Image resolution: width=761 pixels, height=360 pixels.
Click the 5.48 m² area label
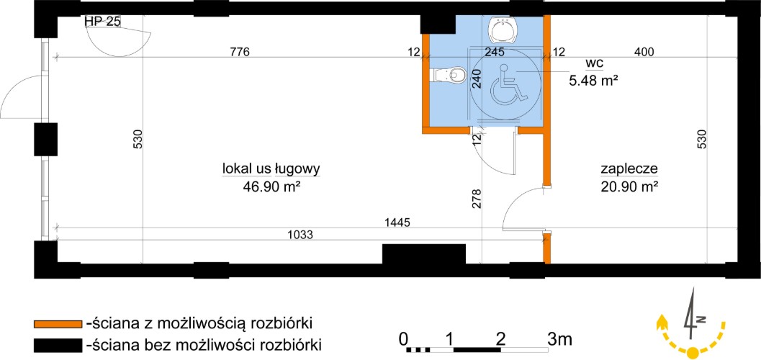[x=593, y=80]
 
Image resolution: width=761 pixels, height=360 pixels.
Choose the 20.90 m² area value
[x=629, y=186]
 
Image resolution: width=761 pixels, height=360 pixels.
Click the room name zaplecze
[x=629, y=169]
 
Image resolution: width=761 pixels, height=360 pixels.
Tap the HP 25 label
[x=102, y=21]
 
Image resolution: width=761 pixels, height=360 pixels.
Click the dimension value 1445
[x=397, y=222]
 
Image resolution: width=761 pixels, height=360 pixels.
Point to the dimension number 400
[x=644, y=51]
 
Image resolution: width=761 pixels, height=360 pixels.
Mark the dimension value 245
[x=494, y=51]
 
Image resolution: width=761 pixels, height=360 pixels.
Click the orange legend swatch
[x=58, y=323]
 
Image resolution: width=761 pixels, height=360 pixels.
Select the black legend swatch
[x=58, y=345]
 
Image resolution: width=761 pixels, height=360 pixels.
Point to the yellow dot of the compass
[x=693, y=351]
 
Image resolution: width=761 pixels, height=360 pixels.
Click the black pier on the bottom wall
[x=423, y=253]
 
